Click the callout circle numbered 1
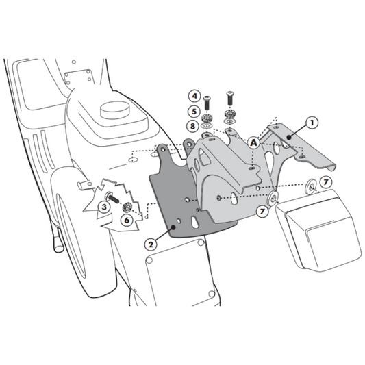pos(312,124)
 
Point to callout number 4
pos(194,96)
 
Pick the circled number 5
pos(194,111)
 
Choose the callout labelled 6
pos(127,220)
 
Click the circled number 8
pos(194,126)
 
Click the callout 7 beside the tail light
pos(326,182)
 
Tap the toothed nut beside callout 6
pos(127,208)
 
